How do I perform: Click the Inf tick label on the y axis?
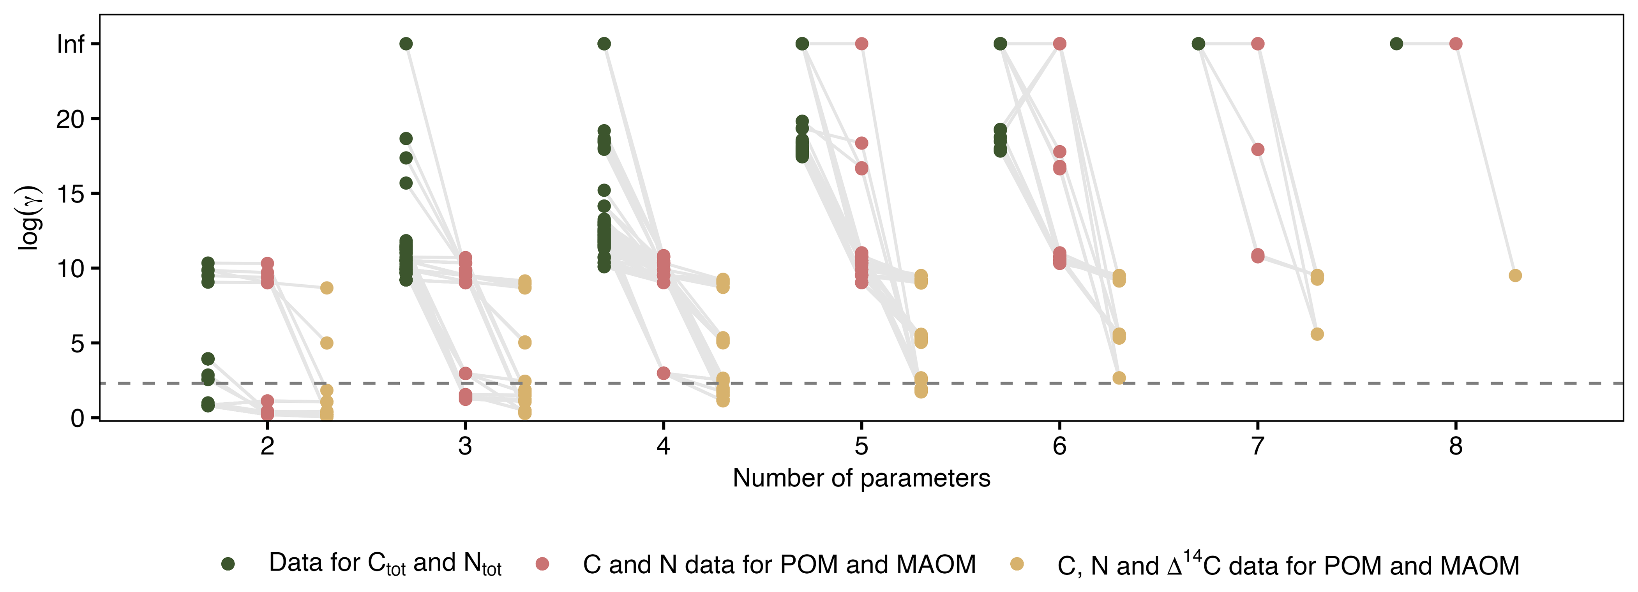71,44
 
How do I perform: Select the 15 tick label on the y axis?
70,194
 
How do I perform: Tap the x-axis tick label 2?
267,446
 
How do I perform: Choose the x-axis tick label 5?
861,446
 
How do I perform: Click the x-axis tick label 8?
1456,446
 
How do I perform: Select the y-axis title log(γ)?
29,218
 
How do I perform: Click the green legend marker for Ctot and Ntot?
228,564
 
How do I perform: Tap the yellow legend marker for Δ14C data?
1017,564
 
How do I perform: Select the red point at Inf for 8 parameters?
1456,44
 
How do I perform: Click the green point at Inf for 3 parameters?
406,44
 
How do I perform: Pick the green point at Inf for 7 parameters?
1198,44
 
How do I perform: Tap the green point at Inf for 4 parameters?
604,44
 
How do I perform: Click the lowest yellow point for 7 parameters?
1317,334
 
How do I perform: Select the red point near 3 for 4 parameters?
663,373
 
